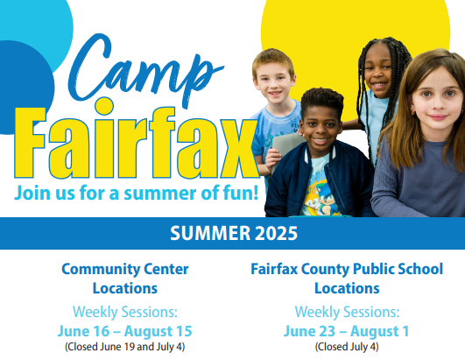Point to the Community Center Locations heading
pyautogui.click(x=125, y=278)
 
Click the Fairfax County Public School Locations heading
pyautogui.click(x=347, y=278)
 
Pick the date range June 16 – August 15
pyautogui.click(x=125, y=331)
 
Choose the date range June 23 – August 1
pyautogui.click(x=347, y=331)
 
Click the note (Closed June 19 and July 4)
pyautogui.click(x=125, y=347)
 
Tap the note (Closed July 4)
pyautogui.click(x=347, y=347)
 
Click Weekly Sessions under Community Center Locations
pyautogui.click(x=125, y=311)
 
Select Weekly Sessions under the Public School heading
pyautogui.click(x=347, y=311)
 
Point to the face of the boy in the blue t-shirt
pyautogui.click(x=274, y=81)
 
